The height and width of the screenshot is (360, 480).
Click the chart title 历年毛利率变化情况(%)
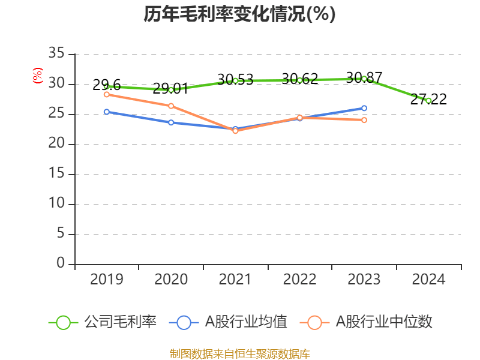239,14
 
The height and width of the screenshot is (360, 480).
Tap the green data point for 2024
428,101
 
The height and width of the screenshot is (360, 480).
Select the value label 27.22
428,100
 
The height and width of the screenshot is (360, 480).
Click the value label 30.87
364,77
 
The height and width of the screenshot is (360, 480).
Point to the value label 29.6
107,85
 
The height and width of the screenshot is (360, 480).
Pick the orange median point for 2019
106,94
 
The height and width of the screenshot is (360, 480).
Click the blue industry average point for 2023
364,108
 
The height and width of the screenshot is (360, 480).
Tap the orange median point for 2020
171,106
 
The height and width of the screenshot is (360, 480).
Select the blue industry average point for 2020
171,122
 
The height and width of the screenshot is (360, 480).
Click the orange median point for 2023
364,120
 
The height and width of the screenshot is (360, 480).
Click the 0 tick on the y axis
61,264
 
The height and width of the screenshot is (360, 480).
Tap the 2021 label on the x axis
235,280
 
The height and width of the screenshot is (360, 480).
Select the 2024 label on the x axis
428,280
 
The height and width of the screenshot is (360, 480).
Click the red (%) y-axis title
38,76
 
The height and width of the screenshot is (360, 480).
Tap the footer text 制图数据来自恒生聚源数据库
239,353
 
